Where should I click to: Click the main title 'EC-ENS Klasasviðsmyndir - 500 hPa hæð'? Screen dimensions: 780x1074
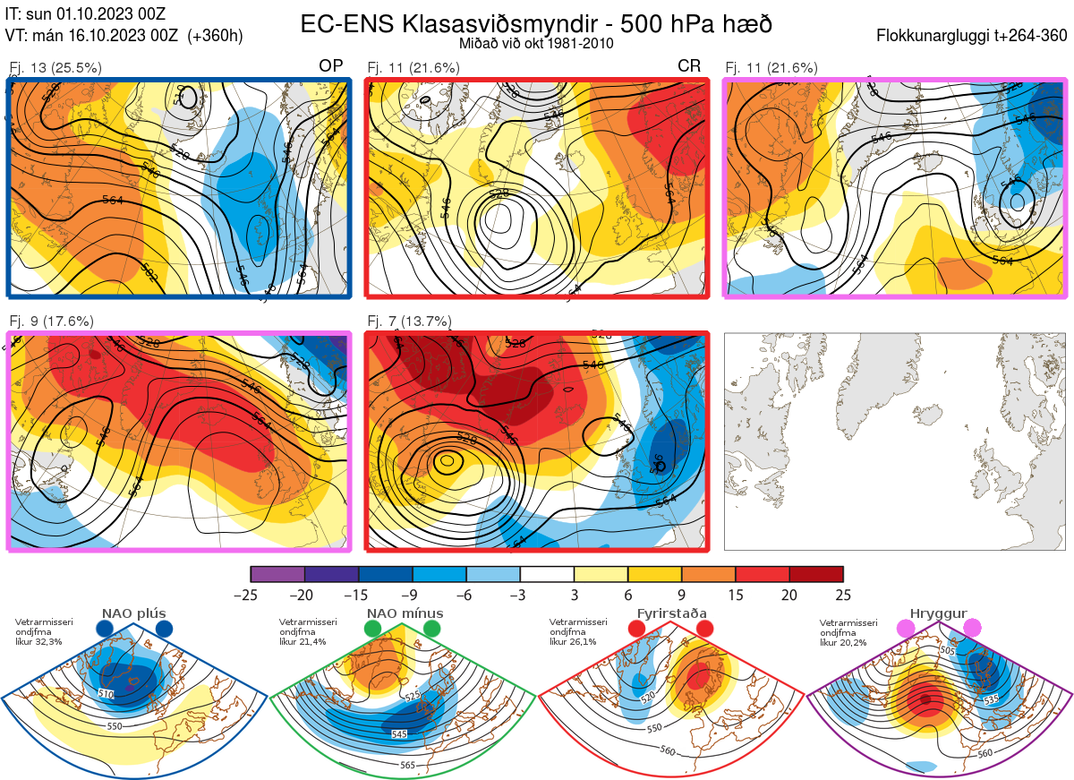[x=536, y=23]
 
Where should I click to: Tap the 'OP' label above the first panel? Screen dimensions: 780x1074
[x=331, y=66]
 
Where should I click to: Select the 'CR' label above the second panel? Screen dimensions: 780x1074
[x=689, y=66]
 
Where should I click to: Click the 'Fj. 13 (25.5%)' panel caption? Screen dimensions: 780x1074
[x=55, y=67]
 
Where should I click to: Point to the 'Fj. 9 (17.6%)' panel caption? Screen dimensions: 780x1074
[x=51, y=321]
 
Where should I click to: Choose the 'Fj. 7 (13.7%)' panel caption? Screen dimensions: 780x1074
[x=409, y=321]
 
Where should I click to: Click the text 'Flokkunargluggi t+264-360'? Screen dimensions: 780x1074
[x=975, y=37]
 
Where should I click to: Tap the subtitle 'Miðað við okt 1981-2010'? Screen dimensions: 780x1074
[x=536, y=43]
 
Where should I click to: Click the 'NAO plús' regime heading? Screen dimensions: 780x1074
[x=133, y=613]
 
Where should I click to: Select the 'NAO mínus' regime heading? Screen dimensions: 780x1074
[x=405, y=613]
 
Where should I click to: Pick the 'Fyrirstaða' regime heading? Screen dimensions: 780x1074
[x=671, y=613]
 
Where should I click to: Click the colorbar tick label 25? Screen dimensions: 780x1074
[x=842, y=595]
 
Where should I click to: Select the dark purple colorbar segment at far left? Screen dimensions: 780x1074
[x=277, y=574]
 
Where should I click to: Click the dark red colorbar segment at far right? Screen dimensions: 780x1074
[x=815, y=574]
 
